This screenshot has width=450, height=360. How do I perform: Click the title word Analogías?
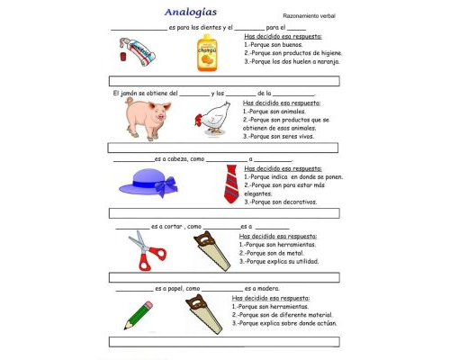click(x=192, y=12)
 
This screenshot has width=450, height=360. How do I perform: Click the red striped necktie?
click(x=230, y=183)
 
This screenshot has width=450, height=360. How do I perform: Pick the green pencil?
click(x=139, y=311)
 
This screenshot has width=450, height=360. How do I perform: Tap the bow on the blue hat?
click(x=166, y=187)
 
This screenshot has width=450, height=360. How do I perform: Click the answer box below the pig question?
click(x=224, y=148)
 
